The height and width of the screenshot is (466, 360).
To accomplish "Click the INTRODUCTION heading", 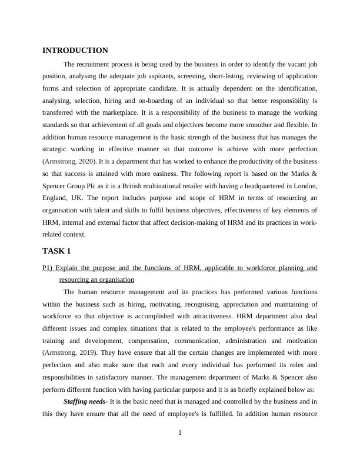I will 75,51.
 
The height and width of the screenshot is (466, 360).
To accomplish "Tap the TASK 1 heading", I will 56,251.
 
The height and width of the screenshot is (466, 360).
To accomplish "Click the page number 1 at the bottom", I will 180,434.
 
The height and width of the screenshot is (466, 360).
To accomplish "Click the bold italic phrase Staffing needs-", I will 85,401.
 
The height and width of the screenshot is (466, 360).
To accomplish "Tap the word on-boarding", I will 155,101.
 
